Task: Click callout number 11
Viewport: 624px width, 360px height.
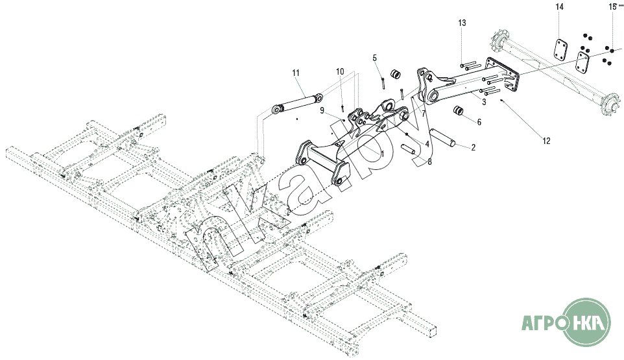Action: coord(295,73)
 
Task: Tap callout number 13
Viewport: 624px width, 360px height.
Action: coord(462,23)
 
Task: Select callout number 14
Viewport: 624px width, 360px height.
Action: coord(560,6)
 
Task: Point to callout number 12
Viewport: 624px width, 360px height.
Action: coord(546,141)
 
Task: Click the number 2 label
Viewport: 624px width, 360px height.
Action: coord(473,148)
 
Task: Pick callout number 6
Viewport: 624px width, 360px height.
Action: coord(479,122)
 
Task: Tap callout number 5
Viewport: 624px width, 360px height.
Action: coord(374,58)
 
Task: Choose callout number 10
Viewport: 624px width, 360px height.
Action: coord(340,71)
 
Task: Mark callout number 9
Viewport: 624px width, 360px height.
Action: coord(322,110)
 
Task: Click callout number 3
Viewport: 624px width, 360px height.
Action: coord(484,102)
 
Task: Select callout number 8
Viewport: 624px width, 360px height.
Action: coord(429,162)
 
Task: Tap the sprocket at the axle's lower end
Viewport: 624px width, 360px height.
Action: coord(611,104)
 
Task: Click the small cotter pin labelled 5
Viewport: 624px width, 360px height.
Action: coord(382,84)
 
